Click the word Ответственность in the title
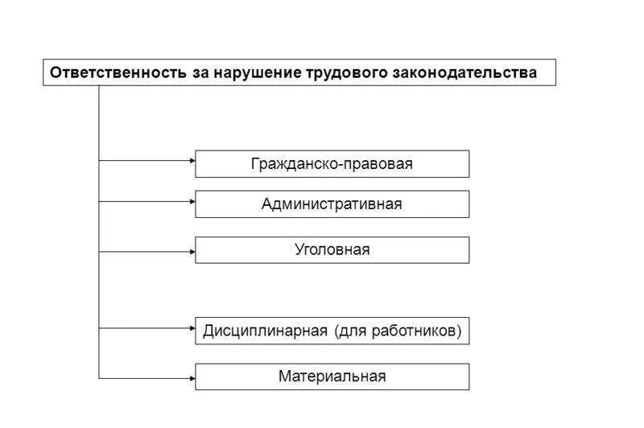(118, 72)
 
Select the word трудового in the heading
(348, 72)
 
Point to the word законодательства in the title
(464, 72)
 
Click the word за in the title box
(200, 72)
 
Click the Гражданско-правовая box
(332, 164)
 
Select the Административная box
(332, 204)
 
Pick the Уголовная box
(332, 250)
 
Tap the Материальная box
(332, 377)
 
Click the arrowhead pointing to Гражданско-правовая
(192, 161)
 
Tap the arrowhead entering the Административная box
(192, 201)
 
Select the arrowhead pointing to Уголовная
(192, 251)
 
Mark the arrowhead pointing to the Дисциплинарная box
(192, 327)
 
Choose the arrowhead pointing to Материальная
(192, 377)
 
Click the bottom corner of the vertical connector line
(99, 377)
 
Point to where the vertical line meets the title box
(99, 85)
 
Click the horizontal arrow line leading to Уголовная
(145, 251)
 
